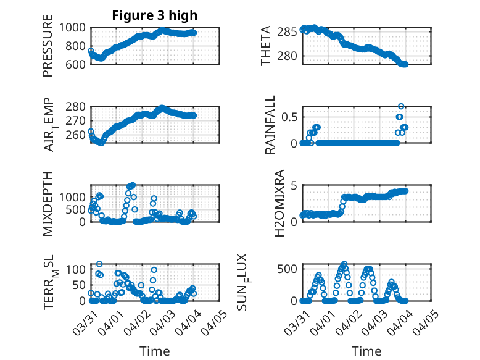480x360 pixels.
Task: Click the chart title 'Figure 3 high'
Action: pyautogui.click(x=155, y=15)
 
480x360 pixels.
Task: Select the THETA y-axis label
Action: pyautogui.click(x=266, y=46)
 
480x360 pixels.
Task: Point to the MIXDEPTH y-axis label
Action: pyautogui.click(x=48, y=203)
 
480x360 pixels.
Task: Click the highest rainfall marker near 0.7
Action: pyautogui.click(x=401, y=107)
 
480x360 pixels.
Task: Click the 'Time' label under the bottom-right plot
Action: pyautogui.click(x=366, y=351)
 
